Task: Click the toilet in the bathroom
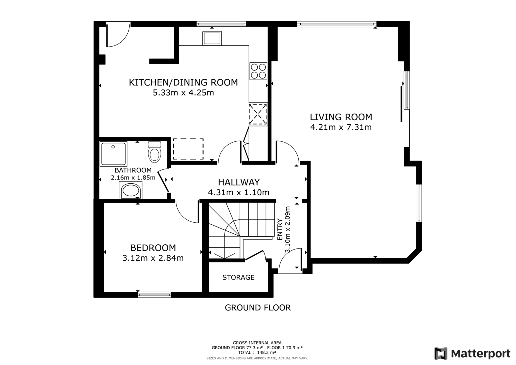pyautogui.click(x=154, y=152)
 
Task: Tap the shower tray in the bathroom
pyautogui.click(x=113, y=154)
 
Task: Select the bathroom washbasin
pyautogui.click(x=130, y=190)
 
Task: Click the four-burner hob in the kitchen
pyautogui.click(x=258, y=71)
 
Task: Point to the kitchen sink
pyautogui.click(x=212, y=38)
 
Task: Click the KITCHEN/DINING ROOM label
pyautogui.click(x=183, y=82)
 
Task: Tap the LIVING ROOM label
pyautogui.click(x=341, y=117)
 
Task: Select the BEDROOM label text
pyautogui.click(x=153, y=248)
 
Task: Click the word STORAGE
pyautogui.click(x=238, y=277)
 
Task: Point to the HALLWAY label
pyautogui.click(x=239, y=182)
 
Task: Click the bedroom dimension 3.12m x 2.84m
pyautogui.click(x=153, y=258)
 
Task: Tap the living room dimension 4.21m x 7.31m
pyautogui.click(x=341, y=127)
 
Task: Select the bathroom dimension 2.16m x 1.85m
pyautogui.click(x=133, y=177)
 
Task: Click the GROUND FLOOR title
pyautogui.click(x=258, y=308)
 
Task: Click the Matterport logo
pyautogui.click(x=472, y=353)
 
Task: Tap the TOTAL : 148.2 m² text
pyautogui.click(x=257, y=352)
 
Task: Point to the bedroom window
pyautogui.click(x=154, y=294)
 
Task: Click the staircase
pyautogui.click(x=242, y=230)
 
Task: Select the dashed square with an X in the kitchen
pyautogui.click(x=258, y=114)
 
